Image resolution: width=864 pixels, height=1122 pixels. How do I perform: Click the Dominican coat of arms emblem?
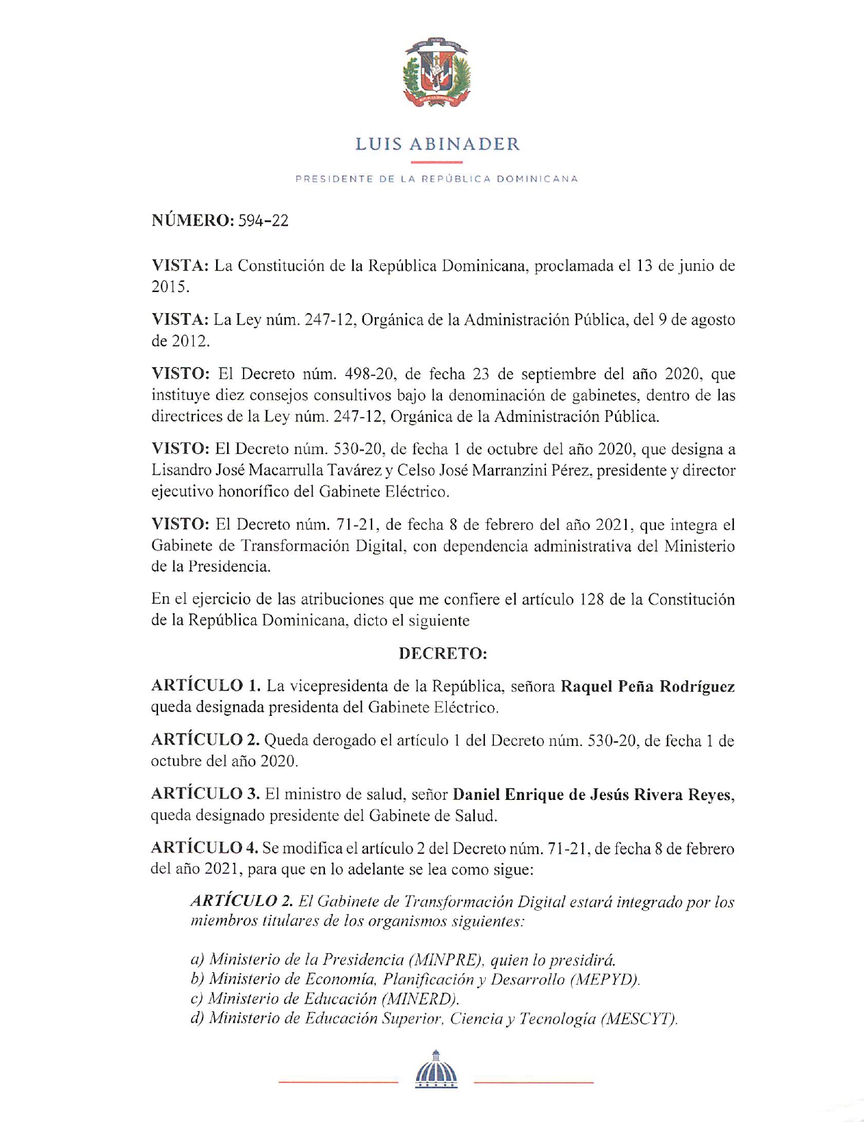pyautogui.click(x=436, y=72)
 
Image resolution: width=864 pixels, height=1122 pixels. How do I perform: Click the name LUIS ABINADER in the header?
pyautogui.click(x=437, y=144)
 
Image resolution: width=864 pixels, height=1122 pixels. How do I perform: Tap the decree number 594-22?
pyautogui.click(x=263, y=221)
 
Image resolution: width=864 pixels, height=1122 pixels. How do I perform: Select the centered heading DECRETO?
pyautogui.click(x=443, y=654)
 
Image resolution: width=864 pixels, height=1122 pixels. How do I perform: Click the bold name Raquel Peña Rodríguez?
pyautogui.click(x=647, y=686)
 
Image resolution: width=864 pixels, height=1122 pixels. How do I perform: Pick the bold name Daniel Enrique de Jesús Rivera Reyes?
pyautogui.click(x=593, y=794)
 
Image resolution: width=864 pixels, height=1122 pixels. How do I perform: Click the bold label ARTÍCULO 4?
pyautogui.click(x=205, y=848)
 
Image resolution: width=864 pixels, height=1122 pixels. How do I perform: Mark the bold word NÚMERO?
pyautogui.click(x=193, y=221)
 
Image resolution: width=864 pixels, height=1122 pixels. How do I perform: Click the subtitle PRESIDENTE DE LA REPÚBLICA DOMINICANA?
pyautogui.click(x=436, y=179)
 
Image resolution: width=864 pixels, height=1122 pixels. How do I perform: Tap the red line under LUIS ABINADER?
pyautogui.click(x=436, y=162)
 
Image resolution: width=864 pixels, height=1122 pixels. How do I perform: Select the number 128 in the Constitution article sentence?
pyautogui.click(x=592, y=600)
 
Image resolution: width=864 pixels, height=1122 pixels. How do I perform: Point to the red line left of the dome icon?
pyautogui.click(x=338, y=1082)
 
